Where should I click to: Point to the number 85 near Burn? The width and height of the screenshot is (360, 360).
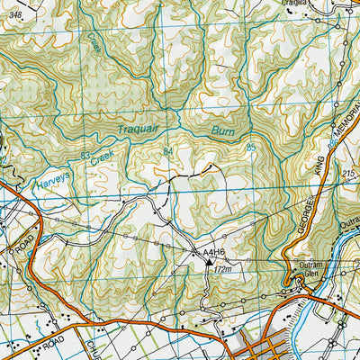click(250, 147)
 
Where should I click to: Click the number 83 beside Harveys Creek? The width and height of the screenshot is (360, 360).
click(85, 156)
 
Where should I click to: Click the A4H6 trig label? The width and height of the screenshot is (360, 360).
click(212, 255)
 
